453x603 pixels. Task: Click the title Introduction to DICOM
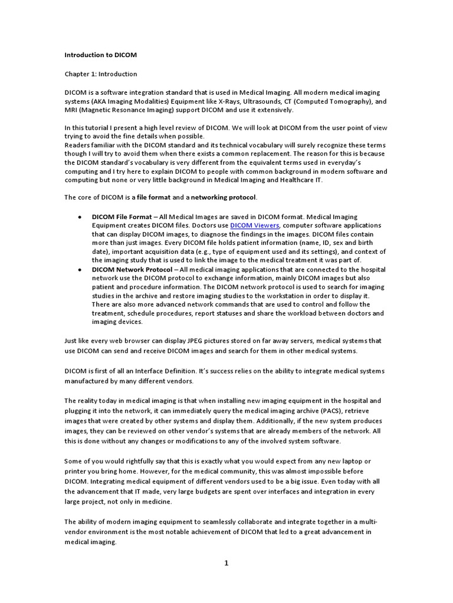click(x=100, y=55)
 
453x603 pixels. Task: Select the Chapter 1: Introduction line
click(x=100, y=74)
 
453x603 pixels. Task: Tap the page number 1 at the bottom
click(x=226, y=563)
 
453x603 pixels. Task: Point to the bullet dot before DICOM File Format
click(x=80, y=217)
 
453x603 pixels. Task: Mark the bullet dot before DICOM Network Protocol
click(x=80, y=270)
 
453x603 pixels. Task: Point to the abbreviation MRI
click(x=71, y=110)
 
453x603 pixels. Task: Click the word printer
click(x=76, y=471)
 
